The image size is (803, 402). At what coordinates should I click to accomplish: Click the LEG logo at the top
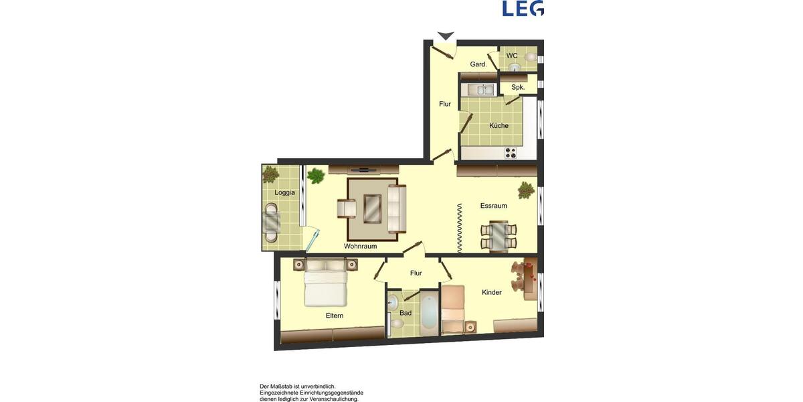tap(523, 8)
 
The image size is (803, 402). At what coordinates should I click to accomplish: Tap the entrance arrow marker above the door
tap(446, 36)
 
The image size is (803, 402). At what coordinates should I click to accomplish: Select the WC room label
tap(512, 56)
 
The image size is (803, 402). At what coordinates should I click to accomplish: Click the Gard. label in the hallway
tap(478, 64)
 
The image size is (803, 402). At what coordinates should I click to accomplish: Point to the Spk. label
tap(518, 87)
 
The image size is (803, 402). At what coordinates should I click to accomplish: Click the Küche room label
tap(499, 125)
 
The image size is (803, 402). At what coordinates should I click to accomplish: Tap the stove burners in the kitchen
tap(511, 152)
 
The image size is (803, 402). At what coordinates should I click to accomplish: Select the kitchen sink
tap(480, 89)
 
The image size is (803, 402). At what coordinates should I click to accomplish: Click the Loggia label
tap(284, 192)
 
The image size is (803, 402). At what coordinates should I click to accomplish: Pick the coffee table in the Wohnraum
tap(372, 208)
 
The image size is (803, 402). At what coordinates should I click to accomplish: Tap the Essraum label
tap(493, 206)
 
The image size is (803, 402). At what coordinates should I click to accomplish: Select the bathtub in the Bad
tap(428, 312)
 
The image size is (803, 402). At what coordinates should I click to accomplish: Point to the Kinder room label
tap(491, 292)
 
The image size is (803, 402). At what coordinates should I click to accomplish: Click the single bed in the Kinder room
tap(453, 309)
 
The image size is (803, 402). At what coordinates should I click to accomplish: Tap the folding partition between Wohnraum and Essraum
tap(460, 228)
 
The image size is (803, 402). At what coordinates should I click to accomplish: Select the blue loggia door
tap(311, 240)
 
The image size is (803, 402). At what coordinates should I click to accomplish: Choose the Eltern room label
tap(335, 316)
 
